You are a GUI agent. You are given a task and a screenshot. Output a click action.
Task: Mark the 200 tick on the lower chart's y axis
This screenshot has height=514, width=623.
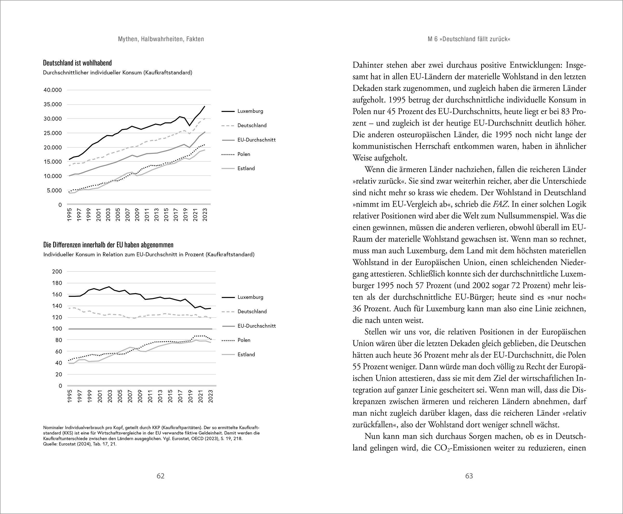[x=57, y=272]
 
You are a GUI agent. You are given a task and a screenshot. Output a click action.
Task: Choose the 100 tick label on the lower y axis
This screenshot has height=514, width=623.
[x=57, y=329]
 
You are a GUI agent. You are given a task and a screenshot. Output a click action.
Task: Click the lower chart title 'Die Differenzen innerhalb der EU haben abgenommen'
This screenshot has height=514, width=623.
[x=108, y=245]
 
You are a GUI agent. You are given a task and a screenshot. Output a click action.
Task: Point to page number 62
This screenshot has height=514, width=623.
[x=160, y=476]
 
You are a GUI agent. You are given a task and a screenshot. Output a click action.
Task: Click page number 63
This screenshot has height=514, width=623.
[x=469, y=476]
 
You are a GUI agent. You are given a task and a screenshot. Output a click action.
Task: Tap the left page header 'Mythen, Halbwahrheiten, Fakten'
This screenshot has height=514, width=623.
[x=161, y=39]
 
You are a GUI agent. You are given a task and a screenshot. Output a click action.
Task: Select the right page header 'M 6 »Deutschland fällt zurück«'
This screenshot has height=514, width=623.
[x=469, y=39]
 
